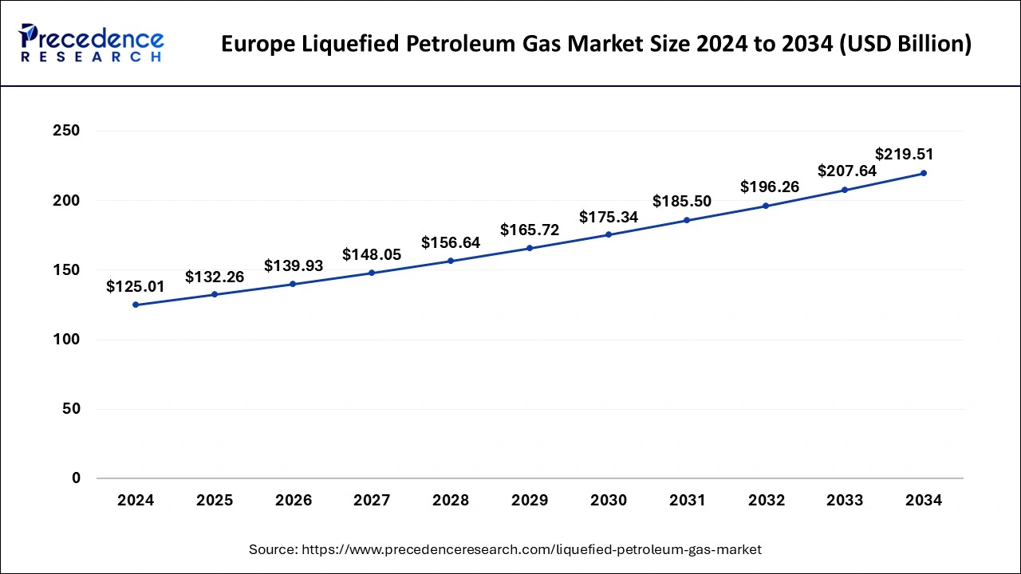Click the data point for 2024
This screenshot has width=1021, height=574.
(x=136, y=305)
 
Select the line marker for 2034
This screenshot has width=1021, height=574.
(x=923, y=173)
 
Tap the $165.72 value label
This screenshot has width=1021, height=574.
(x=530, y=230)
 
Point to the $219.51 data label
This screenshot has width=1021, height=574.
(x=904, y=155)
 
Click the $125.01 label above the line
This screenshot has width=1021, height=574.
(x=136, y=287)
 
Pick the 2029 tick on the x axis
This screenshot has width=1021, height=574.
(x=530, y=501)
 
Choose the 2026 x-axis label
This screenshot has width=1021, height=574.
(x=294, y=501)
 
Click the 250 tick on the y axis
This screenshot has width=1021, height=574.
(x=66, y=131)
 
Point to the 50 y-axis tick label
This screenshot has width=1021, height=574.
(x=71, y=409)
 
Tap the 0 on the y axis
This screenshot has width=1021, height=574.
(x=76, y=478)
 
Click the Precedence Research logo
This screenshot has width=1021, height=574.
(x=92, y=43)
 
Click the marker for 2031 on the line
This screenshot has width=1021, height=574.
(x=687, y=220)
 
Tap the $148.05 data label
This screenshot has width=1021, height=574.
(x=372, y=255)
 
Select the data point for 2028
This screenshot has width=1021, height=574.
(x=451, y=261)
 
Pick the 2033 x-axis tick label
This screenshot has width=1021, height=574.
(x=844, y=501)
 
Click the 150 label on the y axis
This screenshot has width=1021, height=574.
(x=66, y=270)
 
